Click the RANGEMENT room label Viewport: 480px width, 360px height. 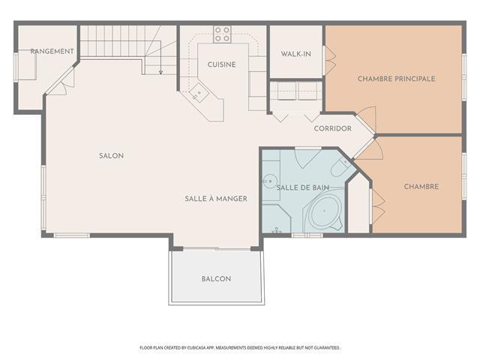[52, 52]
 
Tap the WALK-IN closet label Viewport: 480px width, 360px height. [296, 54]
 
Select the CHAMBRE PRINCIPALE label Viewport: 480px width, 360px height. [397, 79]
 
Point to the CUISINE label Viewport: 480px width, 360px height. [222, 64]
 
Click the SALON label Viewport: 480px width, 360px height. [112, 156]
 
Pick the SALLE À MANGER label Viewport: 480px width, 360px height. [216, 199]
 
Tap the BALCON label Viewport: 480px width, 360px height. [216, 279]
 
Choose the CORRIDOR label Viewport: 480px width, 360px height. [333, 128]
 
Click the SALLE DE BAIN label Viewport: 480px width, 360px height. [303, 187]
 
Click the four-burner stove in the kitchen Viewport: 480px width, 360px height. [222, 34]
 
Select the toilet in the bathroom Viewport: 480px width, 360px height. [340, 167]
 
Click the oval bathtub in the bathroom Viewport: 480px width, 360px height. [325, 211]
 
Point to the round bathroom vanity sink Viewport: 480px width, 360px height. [270, 181]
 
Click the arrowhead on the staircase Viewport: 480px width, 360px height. [160, 73]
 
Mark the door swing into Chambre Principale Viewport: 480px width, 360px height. [367, 118]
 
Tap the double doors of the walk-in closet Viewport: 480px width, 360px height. [330, 61]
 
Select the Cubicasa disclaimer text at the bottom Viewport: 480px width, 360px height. [240, 348]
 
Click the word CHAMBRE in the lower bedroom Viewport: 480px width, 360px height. [421, 187]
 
